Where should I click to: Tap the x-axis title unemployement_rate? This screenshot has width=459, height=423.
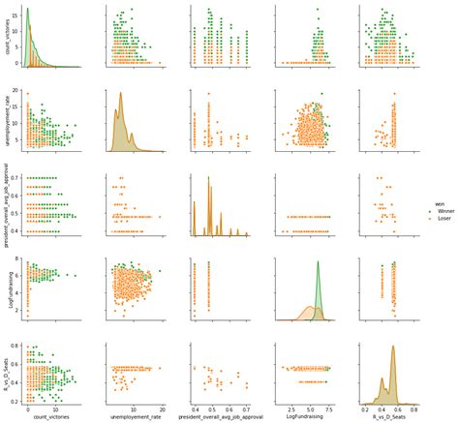click(137, 417)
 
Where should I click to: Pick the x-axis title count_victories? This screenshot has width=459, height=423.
click(52, 417)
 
